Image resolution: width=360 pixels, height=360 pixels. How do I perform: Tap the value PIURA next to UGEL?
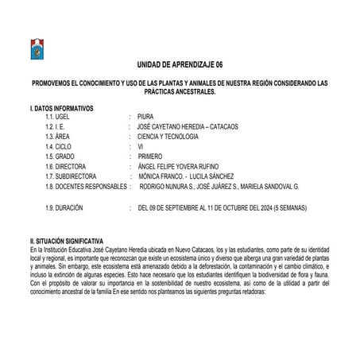pos(145,117)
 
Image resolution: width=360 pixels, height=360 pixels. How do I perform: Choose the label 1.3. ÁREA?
pos(60,137)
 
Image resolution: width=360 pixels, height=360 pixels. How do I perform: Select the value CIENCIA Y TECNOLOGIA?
pos(169,137)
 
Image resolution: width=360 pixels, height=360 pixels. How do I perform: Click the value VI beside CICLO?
pos(140,147)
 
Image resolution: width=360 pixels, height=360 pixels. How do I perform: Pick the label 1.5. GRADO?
pos(63,157)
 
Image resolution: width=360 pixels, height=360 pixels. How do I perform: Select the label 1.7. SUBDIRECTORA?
pos(72,176)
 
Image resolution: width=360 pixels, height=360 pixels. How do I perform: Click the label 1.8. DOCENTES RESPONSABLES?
pos(87,186)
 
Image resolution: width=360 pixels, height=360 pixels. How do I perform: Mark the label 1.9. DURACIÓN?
pos(65,207)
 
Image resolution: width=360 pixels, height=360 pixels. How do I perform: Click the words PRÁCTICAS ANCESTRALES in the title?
pos(181,92)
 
